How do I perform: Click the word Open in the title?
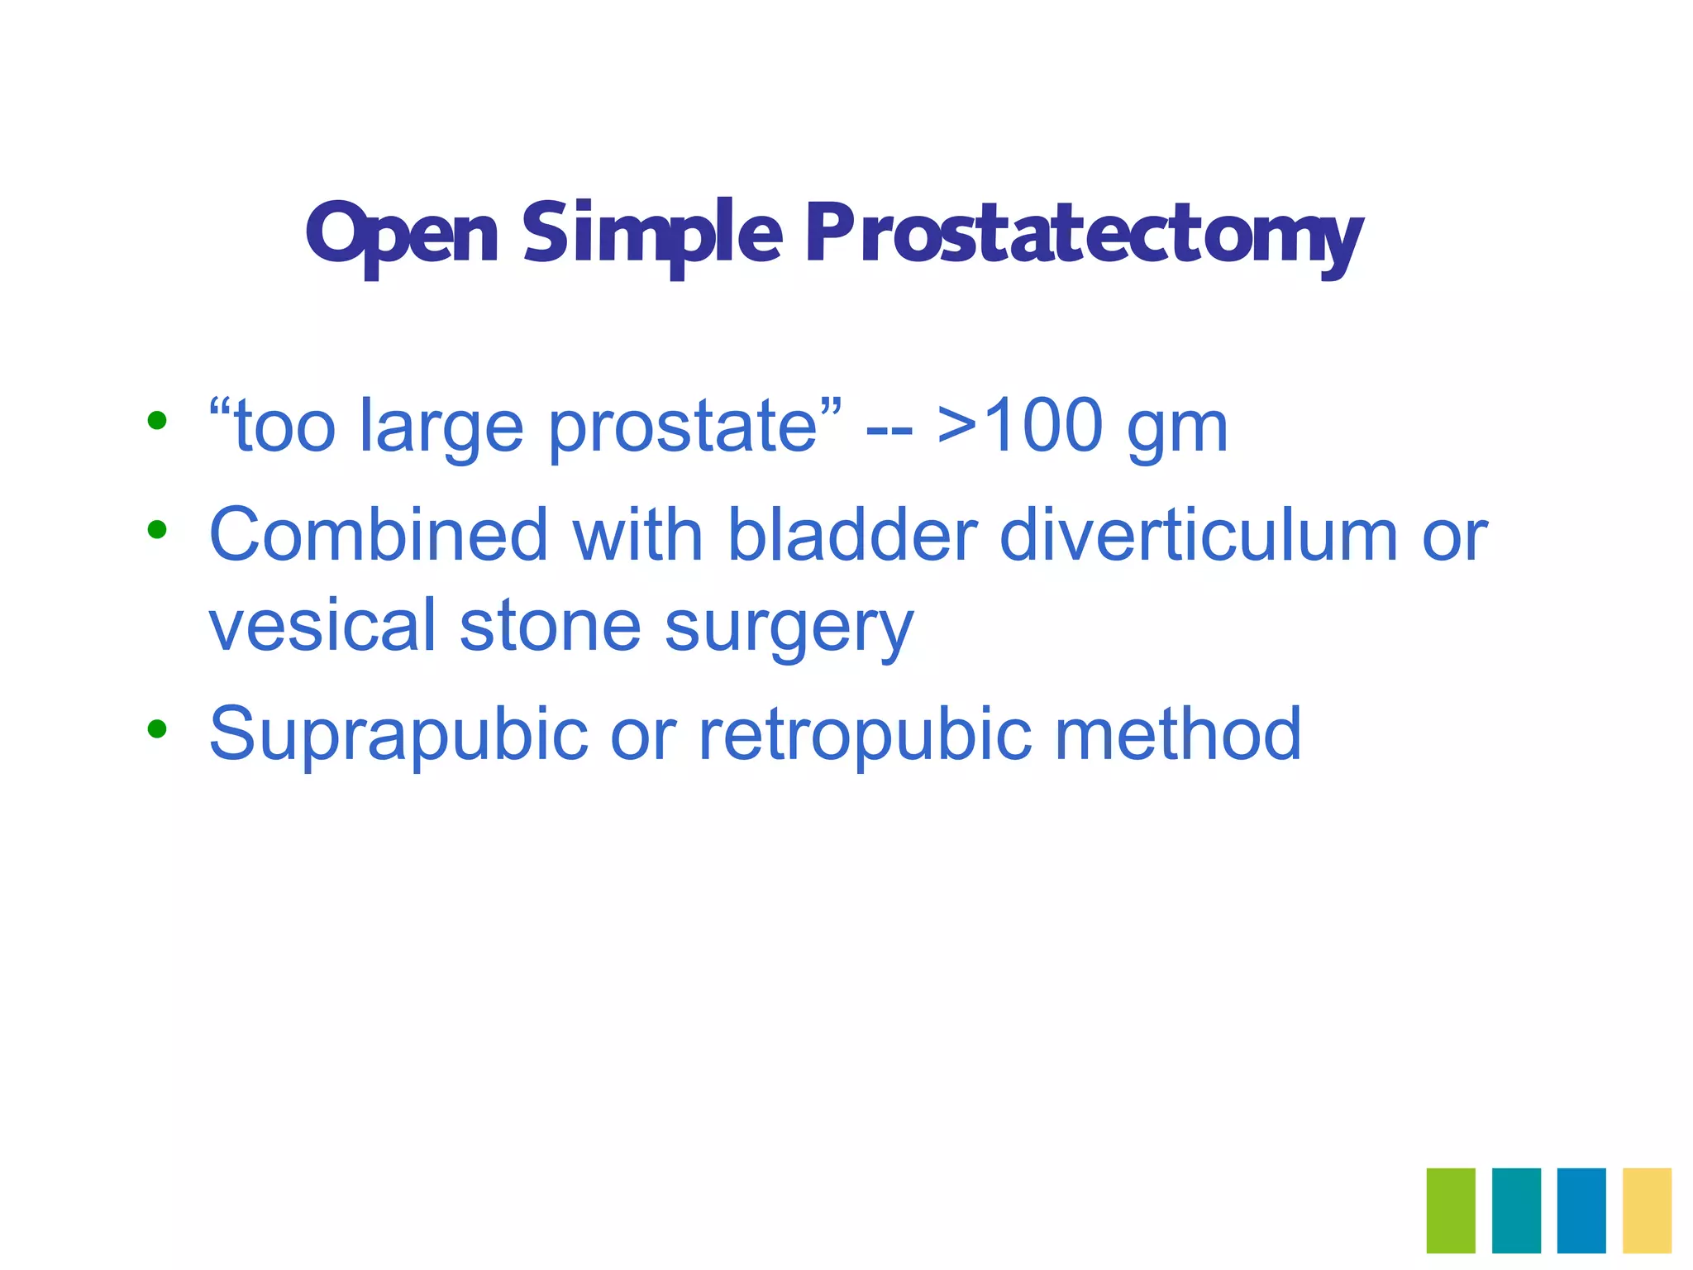[402, 234]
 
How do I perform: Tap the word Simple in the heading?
[651, 234]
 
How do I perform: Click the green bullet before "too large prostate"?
[156, 421]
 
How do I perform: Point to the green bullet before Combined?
[156, 529]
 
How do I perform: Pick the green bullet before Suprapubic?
[156, 728]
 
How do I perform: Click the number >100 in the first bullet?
[1020, 426]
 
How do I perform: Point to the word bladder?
[851, 534]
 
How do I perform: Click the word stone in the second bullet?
[550, 625]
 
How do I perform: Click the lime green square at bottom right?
[1451, 1210]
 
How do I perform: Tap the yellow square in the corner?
[1647, 1210]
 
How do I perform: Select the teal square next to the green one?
[1516, 1210]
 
